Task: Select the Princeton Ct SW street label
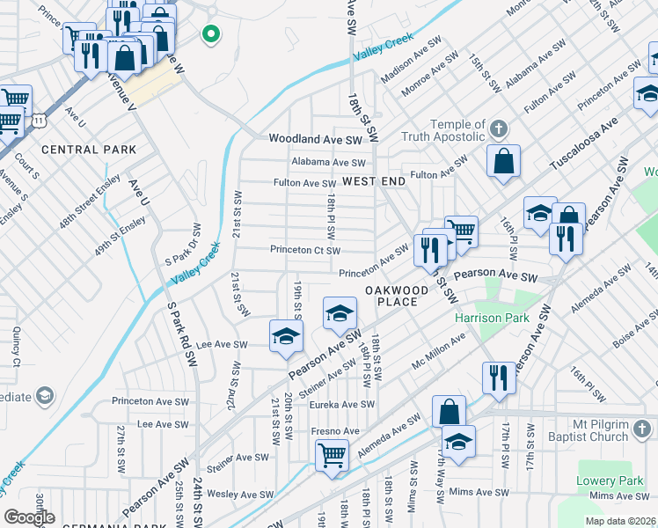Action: tap(305, 250)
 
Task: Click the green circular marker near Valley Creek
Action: tap(211, 35)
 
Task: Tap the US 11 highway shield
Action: tap(39, 119)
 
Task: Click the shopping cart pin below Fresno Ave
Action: tap(333, 456)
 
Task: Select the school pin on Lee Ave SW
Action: tap(286, 337)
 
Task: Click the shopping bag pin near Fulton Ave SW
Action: tap(503, 162)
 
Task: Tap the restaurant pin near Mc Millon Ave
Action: tap(499, 378)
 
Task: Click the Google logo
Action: tap(30, 517)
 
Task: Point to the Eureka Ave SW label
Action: tap(342, 405)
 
